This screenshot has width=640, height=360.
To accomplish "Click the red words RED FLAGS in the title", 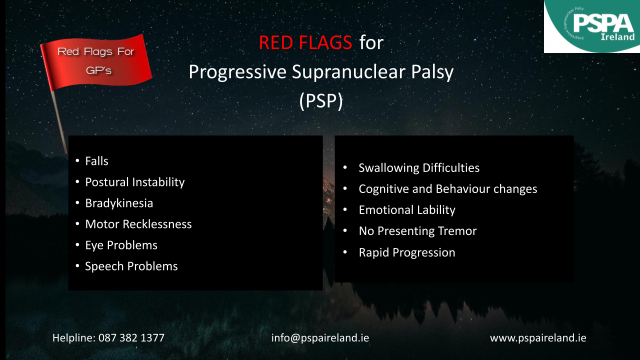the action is click(305, 42).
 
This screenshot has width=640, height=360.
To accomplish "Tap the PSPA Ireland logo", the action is click(591, 26).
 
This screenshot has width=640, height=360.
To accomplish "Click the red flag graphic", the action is click(96, 62).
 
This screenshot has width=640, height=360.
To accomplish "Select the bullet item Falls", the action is click(96, 161).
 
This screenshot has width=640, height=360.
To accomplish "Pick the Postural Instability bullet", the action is click(135, 182).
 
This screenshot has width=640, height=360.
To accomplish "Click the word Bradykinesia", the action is click(119, 203).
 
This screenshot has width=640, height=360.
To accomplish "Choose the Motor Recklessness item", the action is click(138, 224).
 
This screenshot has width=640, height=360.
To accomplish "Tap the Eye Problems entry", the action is click(121, 245).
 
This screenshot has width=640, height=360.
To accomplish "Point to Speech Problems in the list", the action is click(131, 266).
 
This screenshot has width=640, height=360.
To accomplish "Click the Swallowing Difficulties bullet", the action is click(419, 168).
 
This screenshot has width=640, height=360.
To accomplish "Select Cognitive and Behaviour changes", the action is click(447, 189).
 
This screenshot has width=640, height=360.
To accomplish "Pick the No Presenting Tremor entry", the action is click(417, 231).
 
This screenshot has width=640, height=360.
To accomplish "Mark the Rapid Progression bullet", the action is click(407, 252).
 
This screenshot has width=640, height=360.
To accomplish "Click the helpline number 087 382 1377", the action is click(131, 338).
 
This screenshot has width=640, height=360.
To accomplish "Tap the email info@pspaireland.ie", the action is click(320, 338).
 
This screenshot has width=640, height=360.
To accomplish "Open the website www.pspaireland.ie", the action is click(538, 338).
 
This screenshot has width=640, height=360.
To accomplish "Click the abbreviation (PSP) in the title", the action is click(321, 101).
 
